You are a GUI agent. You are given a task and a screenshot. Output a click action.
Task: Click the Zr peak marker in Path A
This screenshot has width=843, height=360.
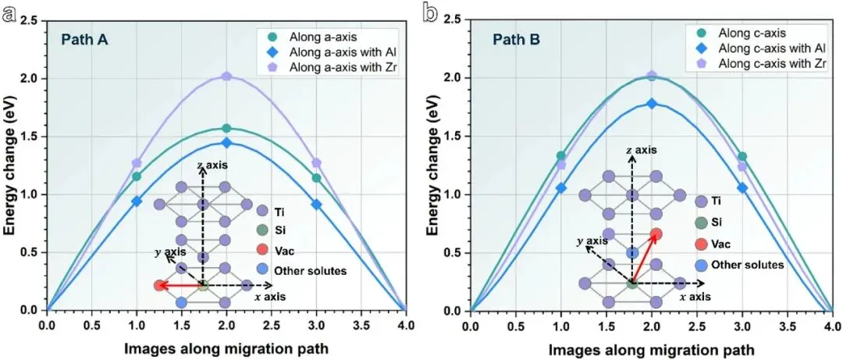click(226, 77)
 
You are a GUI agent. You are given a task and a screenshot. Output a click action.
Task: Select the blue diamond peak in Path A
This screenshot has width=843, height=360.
click(226, 143)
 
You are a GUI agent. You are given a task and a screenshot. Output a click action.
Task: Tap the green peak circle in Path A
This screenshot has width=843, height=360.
click(226, 128)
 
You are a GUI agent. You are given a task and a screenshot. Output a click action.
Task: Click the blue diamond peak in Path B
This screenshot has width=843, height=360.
click(652, 103)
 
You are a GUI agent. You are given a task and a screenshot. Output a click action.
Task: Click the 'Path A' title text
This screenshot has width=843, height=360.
click(85, 40)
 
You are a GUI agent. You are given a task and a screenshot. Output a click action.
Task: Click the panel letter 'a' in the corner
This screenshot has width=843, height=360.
click(9, 15)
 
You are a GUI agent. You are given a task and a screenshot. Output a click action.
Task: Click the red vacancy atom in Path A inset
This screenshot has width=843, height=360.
click(159, 285)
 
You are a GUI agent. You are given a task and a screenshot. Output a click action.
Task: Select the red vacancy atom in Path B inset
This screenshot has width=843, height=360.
click(656, 234)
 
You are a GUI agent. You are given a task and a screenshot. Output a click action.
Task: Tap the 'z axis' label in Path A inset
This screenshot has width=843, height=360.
click(212, 163)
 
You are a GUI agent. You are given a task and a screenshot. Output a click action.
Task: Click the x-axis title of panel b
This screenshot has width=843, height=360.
click(651, 349)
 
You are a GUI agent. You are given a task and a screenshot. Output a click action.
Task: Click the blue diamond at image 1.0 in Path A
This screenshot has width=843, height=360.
click(137, 201)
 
